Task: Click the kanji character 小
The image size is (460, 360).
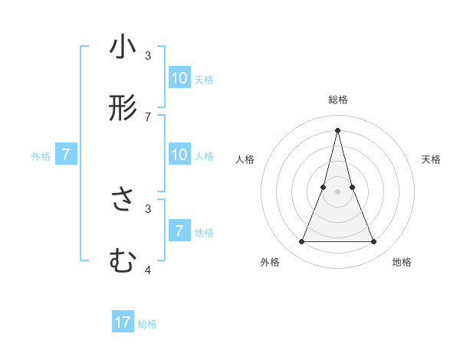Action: (123, 47)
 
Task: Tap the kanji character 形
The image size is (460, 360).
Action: (123, 108)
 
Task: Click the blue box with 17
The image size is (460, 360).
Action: (123, 322)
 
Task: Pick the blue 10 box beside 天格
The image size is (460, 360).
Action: (179, 77)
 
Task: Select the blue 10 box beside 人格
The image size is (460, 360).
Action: (179, 155)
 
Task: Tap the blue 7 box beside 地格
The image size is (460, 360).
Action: (179, 231)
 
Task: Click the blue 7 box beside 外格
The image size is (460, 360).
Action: (66, 155)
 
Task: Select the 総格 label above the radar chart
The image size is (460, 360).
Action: (338, 100)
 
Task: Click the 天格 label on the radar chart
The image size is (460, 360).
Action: (432, 159)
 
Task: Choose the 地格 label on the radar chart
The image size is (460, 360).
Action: (402, 263)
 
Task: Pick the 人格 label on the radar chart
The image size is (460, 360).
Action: (245, 159)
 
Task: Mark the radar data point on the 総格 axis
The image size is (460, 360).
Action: (337, 129)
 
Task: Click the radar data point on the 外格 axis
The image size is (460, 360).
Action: (301, 242)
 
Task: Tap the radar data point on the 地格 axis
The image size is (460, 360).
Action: (374, 242)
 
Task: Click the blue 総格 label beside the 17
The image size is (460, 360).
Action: (147, 324)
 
